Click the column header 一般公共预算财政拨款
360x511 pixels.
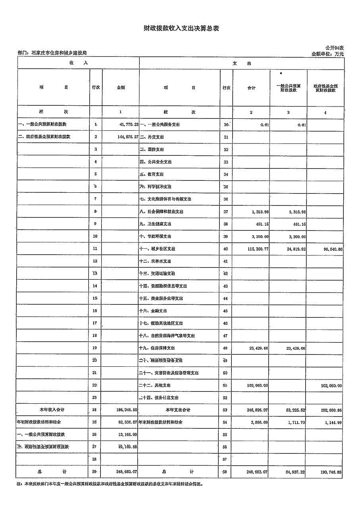tap(289, 88)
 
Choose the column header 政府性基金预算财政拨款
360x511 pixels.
tap(325, 88)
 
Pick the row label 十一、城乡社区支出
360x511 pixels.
tap(157, 249)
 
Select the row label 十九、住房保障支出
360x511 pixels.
tap(157, 348)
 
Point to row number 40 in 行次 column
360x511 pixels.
tap(225, 249)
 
